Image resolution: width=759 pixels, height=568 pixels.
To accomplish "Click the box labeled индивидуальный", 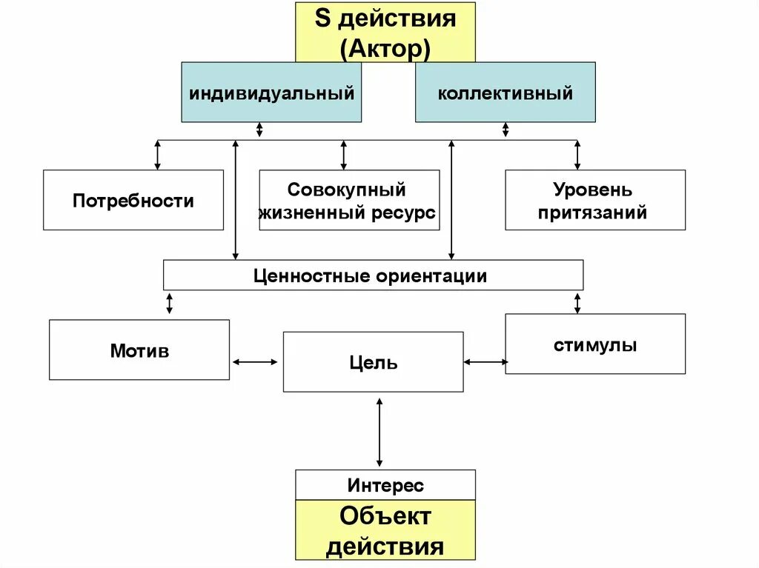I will pos(271,93).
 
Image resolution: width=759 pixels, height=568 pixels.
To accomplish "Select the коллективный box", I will pos(505,93).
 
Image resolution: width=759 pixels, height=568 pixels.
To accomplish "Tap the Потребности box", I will pos(133,200).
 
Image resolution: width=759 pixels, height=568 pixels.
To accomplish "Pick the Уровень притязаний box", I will pos(595,200).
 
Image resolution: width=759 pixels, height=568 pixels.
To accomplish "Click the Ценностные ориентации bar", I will pos(373,275).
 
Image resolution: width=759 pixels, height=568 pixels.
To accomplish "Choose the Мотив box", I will pos(139,350).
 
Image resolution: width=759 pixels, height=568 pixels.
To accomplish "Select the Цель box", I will pos(373,362).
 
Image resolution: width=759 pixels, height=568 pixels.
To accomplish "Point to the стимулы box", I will pos(595,344).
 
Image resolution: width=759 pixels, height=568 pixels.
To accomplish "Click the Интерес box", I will pos(385,485).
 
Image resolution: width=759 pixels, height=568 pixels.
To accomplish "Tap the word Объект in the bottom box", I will pos(385,516).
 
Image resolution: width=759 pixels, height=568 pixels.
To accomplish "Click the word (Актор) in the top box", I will pos(385,49).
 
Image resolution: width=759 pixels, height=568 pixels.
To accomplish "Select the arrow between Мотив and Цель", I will pos(256,361).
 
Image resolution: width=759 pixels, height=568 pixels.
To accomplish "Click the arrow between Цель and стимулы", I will pos(485,361).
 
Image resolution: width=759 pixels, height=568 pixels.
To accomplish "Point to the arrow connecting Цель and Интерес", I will pos(379,431).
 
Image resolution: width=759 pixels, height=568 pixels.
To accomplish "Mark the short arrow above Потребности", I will pos(157,155).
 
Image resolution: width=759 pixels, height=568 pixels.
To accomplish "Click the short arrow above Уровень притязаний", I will pos(577,155).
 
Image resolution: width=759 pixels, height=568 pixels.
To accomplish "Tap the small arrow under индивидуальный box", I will pos(259,130).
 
